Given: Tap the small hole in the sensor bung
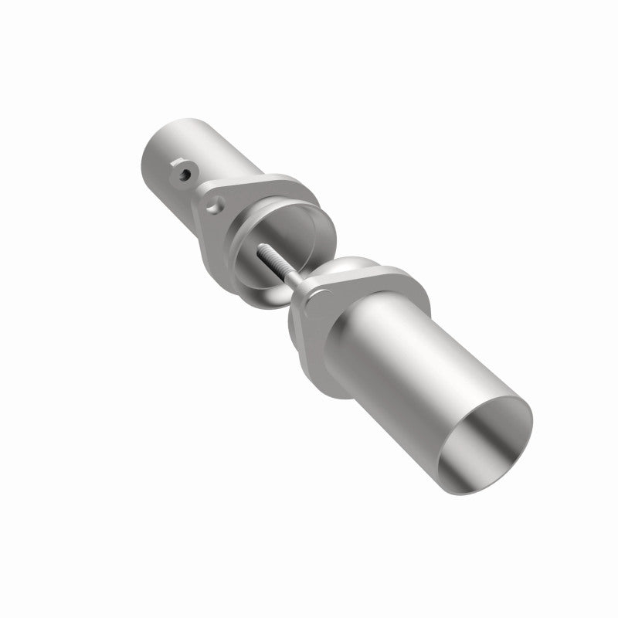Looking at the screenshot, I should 182,174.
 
